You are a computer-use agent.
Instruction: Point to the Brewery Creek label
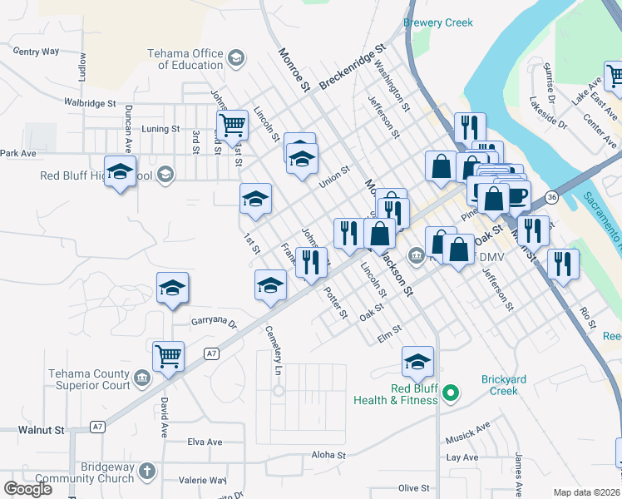tap(437, 23)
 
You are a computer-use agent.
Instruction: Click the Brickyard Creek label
tap(504, 385)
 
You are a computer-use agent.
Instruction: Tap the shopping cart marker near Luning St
tap(232, 126)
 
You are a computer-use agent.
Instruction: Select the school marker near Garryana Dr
tap(173, 288)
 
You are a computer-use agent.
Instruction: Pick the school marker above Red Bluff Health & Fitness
tap(417, 361)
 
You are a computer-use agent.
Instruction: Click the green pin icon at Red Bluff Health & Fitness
tap(451, 392)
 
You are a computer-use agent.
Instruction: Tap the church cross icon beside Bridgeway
tap(146, 472)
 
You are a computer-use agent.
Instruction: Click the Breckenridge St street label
tap(353, 67)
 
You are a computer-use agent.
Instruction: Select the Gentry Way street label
tap(37, 52)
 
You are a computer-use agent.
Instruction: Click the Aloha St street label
tap(328, 455)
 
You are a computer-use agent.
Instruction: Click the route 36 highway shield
tap(551, 197)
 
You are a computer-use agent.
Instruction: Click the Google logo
tap(28, 489)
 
